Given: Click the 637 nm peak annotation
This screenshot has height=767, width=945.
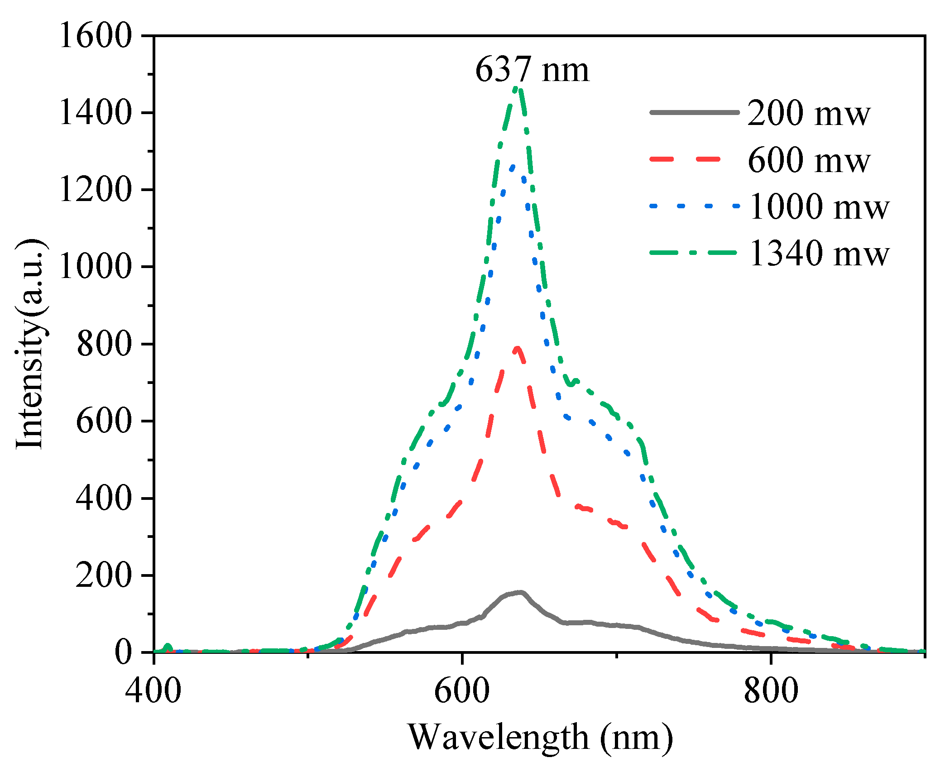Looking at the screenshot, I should coord(532,71).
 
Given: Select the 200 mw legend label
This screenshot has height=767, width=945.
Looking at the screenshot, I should coord(808,113).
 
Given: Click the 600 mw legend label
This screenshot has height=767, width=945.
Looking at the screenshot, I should coord(808,160).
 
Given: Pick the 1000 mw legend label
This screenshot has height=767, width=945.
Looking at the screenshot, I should coord(819,207).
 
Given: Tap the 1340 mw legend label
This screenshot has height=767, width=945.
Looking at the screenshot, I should coord(819,254).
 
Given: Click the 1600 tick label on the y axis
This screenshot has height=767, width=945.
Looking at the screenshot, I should coord(95,36).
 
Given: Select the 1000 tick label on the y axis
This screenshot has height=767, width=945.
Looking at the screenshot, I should coord(95,267).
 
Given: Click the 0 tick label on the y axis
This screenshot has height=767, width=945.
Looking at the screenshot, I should coord(123,652).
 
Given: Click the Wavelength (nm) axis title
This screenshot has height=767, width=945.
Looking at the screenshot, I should coord(541,737).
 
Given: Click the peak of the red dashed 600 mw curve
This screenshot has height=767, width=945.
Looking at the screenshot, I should coord(517,348).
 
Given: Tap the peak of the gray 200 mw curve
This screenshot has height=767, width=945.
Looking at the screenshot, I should coord(521,592).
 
